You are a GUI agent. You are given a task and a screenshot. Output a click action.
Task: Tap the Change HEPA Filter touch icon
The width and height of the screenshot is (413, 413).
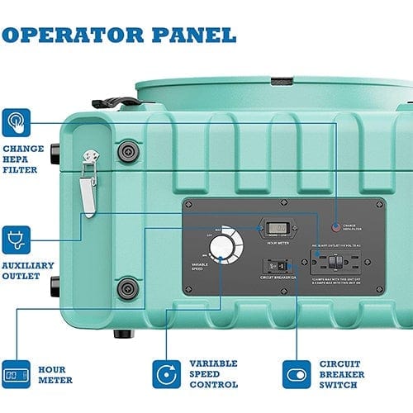[16, 123]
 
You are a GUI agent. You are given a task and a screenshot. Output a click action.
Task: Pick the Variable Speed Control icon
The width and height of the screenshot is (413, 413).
[166, 373]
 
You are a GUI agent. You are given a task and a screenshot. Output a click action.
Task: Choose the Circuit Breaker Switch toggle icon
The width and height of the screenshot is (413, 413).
[297, 373]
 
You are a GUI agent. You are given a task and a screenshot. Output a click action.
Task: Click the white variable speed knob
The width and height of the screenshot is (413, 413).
[221, 247]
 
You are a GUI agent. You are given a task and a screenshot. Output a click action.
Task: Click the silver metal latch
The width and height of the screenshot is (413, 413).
[88, 186]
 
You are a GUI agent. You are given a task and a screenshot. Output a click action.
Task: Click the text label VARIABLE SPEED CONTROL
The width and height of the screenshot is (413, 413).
[213, 374]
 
